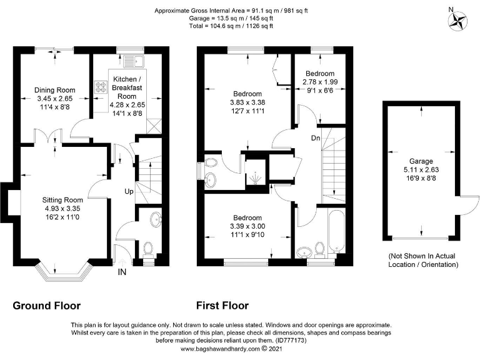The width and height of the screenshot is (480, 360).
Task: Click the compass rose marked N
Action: coord(457,20)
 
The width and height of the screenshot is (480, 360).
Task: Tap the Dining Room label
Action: coord(55,90)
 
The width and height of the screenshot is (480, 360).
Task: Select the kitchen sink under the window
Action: coord(134,61)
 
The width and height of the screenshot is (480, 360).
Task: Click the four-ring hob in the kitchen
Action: coord(101,87)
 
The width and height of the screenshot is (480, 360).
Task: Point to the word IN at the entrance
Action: coord(122,272)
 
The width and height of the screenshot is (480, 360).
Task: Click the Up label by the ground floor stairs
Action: coord(129,192)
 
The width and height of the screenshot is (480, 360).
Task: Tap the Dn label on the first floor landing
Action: coord(316,138)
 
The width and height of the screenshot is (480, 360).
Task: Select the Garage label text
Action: coord(421,161)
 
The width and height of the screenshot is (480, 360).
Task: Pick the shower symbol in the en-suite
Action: coord(255,178)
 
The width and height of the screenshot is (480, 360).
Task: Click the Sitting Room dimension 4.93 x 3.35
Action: coord(62,209)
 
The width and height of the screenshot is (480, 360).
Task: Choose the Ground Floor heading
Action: coord(46,306)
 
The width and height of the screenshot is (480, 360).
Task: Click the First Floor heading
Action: coord(222,306)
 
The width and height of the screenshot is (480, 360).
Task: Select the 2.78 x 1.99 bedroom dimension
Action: coord(320,82)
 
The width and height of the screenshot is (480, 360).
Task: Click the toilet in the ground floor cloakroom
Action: coord(149,249)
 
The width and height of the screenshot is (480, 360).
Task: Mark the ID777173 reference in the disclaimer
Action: coord(291,341)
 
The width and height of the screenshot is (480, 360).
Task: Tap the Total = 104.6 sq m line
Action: coord(231,26)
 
